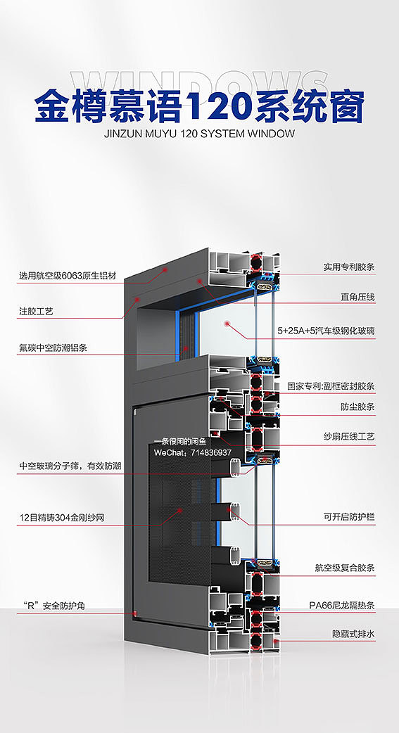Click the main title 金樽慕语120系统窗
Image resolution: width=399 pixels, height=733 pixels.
point(199,107)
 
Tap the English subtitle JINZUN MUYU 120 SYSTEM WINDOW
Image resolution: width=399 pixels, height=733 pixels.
point(199,133)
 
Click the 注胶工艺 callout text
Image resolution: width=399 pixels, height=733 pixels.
point(36,310)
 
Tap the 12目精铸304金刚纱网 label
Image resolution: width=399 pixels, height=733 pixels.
point(62,518)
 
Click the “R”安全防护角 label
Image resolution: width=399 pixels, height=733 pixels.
point(52,606)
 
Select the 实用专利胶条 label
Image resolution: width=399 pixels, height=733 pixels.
point(349,267)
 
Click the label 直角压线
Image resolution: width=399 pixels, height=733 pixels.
point(358,298)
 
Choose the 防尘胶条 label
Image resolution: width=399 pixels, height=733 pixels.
point(358,407)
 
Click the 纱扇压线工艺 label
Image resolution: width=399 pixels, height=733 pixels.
point(349,437)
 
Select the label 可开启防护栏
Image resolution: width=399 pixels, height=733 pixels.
point(349,517)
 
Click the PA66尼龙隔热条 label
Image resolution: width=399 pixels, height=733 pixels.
point(343,604)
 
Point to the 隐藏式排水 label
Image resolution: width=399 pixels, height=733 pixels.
point(354,634)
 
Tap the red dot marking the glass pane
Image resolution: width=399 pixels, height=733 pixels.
point(227,324)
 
